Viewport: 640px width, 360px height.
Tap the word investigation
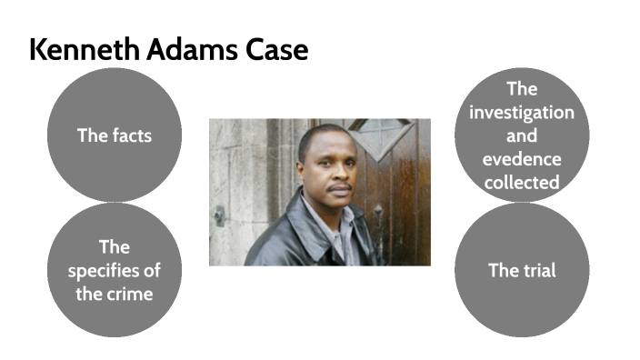point(522,113)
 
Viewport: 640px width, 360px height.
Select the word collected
point(522,183)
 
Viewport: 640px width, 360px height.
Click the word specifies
point(114,271)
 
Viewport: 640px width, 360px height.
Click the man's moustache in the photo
point(338,187)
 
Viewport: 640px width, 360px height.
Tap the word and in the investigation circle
point(522,136)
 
